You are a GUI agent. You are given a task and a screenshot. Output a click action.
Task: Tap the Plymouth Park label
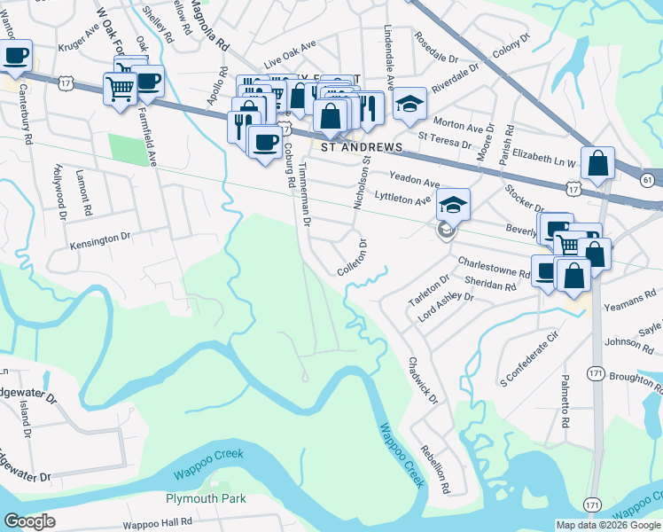coord(206,499)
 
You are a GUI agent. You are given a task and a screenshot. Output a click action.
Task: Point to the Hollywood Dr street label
coord(59,191)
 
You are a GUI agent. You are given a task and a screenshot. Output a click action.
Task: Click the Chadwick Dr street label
coord(422,380)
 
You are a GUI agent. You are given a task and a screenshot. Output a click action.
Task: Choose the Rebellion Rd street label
coord(435,468)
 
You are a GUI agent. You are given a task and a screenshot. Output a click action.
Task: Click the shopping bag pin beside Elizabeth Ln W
coord(599,164)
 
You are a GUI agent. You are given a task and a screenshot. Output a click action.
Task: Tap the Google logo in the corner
coord(30,521)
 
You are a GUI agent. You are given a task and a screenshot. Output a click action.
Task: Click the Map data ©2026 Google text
coord(608,525)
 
